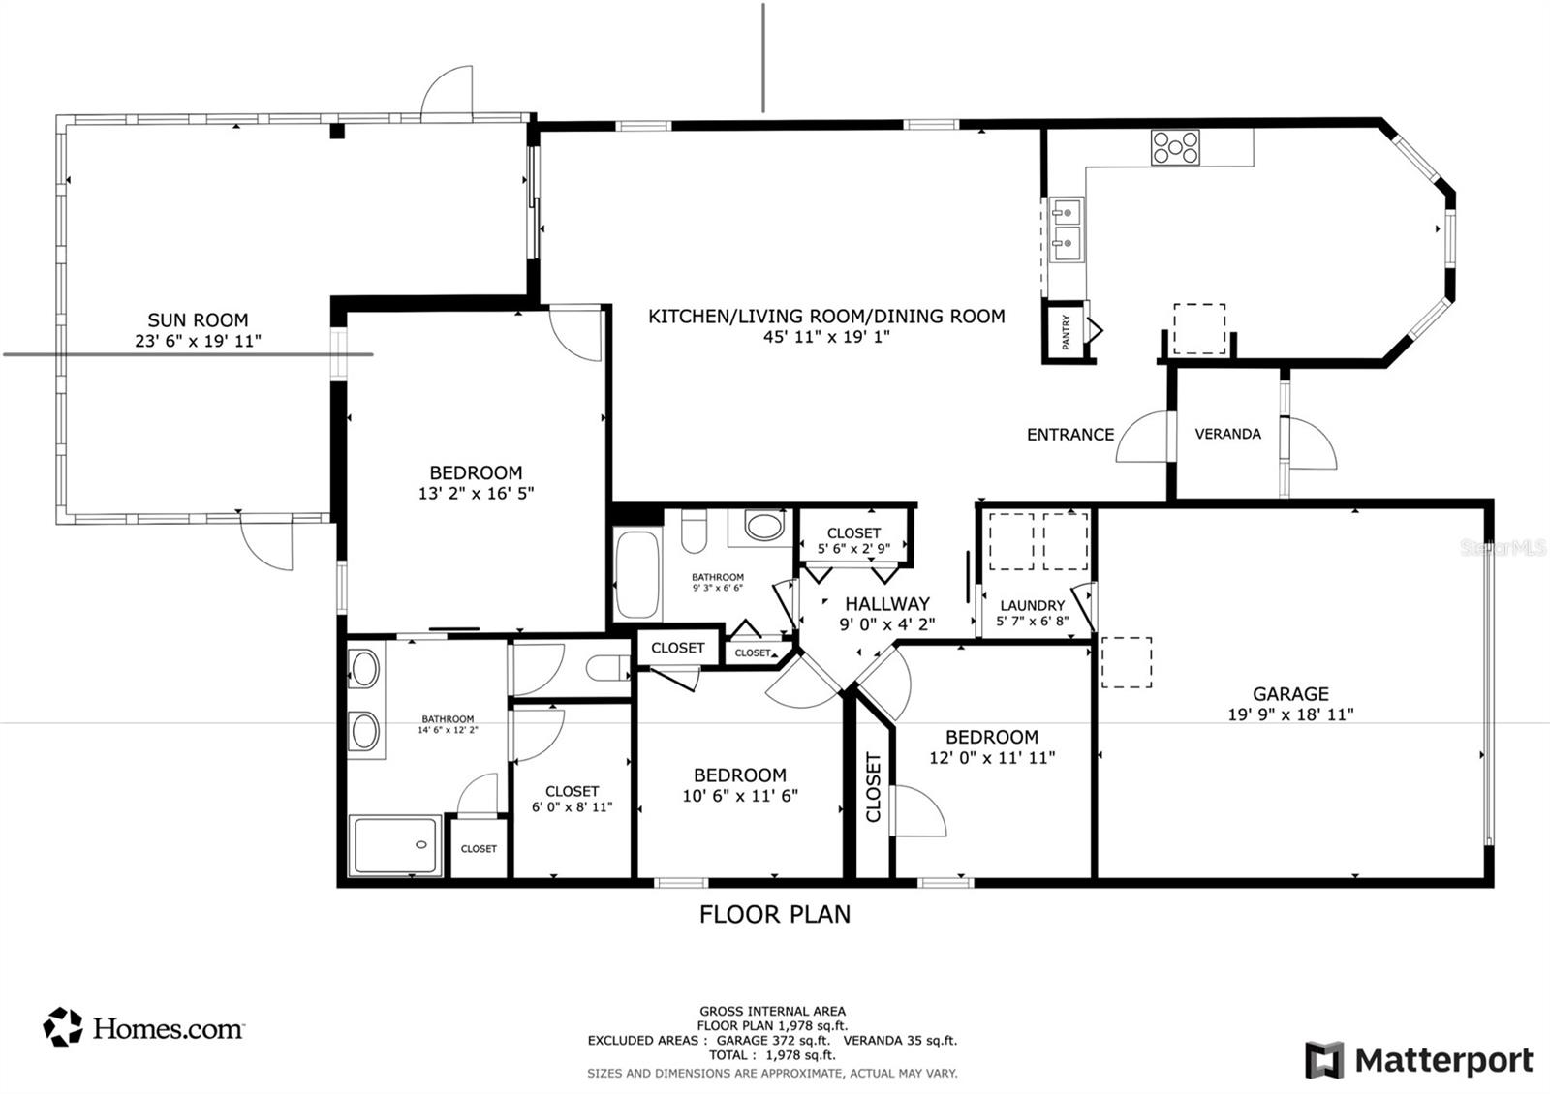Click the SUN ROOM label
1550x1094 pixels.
point(198,320)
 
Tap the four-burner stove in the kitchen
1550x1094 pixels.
point(1175,147)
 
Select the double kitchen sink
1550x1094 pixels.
point(1067,229)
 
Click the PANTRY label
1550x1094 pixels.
point(1066,331)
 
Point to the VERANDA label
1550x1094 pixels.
point(1227,434)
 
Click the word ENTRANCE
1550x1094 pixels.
point(1069,435)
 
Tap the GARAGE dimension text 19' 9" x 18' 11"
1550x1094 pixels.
point(1290,714)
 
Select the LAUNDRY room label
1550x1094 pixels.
point(1033,605)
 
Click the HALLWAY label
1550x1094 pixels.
point(887,604)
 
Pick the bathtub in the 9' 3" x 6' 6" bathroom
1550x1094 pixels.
point(637,574)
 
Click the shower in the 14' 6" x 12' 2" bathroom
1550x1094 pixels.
point(395,844)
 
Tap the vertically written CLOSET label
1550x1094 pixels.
point(873,788)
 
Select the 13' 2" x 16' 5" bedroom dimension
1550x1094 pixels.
point(476,493)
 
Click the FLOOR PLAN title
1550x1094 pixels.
point(774,914)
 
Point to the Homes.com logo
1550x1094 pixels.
point(143,1027)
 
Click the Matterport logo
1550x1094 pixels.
point(1419,1060)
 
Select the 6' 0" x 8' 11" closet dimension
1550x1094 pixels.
point(572,807)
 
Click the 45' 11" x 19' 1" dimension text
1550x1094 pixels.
point(826,337)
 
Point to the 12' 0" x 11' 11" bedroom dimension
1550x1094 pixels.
point(992,757)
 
